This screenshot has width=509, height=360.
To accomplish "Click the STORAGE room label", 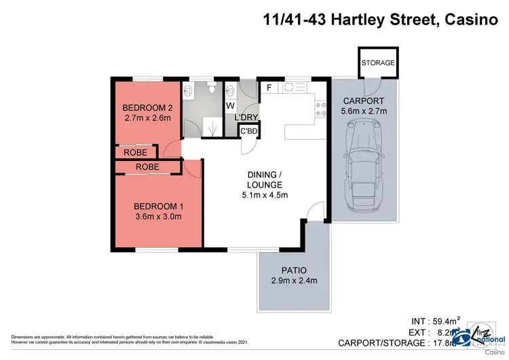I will tap(378, 62).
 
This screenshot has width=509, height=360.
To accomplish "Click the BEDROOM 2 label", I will tap(147, 108).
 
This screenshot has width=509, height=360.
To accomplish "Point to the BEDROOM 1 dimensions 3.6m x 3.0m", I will tap(157, 217).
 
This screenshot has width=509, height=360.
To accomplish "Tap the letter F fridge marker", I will tap(269, 88).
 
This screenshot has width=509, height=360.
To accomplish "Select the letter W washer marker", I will tap(230, 106).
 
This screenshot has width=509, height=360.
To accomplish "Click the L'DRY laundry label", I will tap(246, 118).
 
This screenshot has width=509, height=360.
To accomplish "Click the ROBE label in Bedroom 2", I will tap(136, 153).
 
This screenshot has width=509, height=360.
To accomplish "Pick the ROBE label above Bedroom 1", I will tap(147, 166).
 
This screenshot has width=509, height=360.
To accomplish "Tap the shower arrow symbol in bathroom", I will tap(214, 126).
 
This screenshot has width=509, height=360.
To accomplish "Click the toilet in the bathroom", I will tap(211, 88).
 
